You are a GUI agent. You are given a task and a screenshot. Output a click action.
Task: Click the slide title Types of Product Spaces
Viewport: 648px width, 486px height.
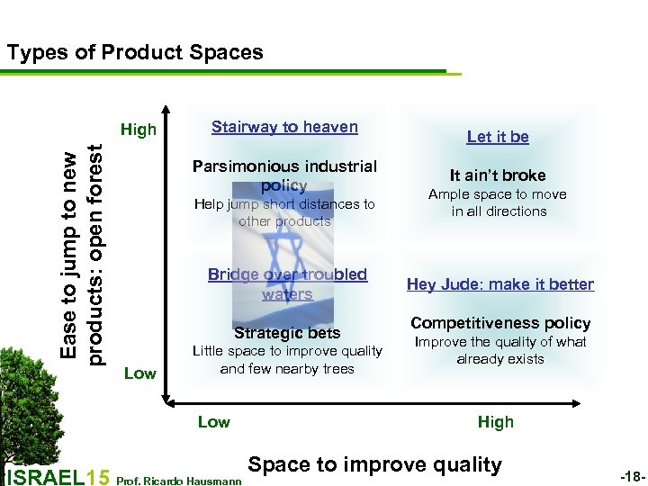(x=135, y=52)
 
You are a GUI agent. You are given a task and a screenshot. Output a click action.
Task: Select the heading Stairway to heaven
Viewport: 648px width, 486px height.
(x=284, y=127)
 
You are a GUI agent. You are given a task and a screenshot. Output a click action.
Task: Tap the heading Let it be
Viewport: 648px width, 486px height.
(x=498, y=137)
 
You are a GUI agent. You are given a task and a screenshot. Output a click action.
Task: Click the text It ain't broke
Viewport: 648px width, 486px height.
(x=498, y=175)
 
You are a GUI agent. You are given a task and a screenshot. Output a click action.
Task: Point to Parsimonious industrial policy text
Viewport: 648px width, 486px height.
(x=284, y=175)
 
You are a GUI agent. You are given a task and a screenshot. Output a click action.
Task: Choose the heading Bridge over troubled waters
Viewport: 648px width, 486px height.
(x=287, y=283)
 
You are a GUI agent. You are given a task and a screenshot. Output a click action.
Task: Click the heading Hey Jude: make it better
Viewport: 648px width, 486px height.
(x=500, y=284)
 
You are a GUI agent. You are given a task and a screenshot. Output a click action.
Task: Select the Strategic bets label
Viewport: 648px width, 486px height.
(x=287, y=332)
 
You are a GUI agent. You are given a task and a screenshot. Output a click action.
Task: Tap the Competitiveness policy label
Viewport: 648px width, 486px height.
(x=500, y=323)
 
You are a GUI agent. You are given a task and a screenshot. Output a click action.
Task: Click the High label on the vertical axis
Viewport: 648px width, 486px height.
(x=139, y=130)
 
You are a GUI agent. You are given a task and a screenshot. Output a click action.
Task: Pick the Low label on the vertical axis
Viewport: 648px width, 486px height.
(x=139, y=373)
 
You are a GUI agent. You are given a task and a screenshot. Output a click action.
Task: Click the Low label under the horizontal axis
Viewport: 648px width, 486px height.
(x=213, y=422)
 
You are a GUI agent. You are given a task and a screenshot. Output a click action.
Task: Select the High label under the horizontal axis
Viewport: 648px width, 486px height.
(x=496, y=422)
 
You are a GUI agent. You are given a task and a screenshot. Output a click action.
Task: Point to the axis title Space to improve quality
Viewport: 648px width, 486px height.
(x=374, y=464)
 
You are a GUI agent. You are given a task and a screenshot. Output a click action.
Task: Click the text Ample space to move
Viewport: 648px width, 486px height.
(x=498, y=194)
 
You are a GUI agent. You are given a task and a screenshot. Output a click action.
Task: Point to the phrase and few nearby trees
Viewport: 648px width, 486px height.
(x=287, y=369)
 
